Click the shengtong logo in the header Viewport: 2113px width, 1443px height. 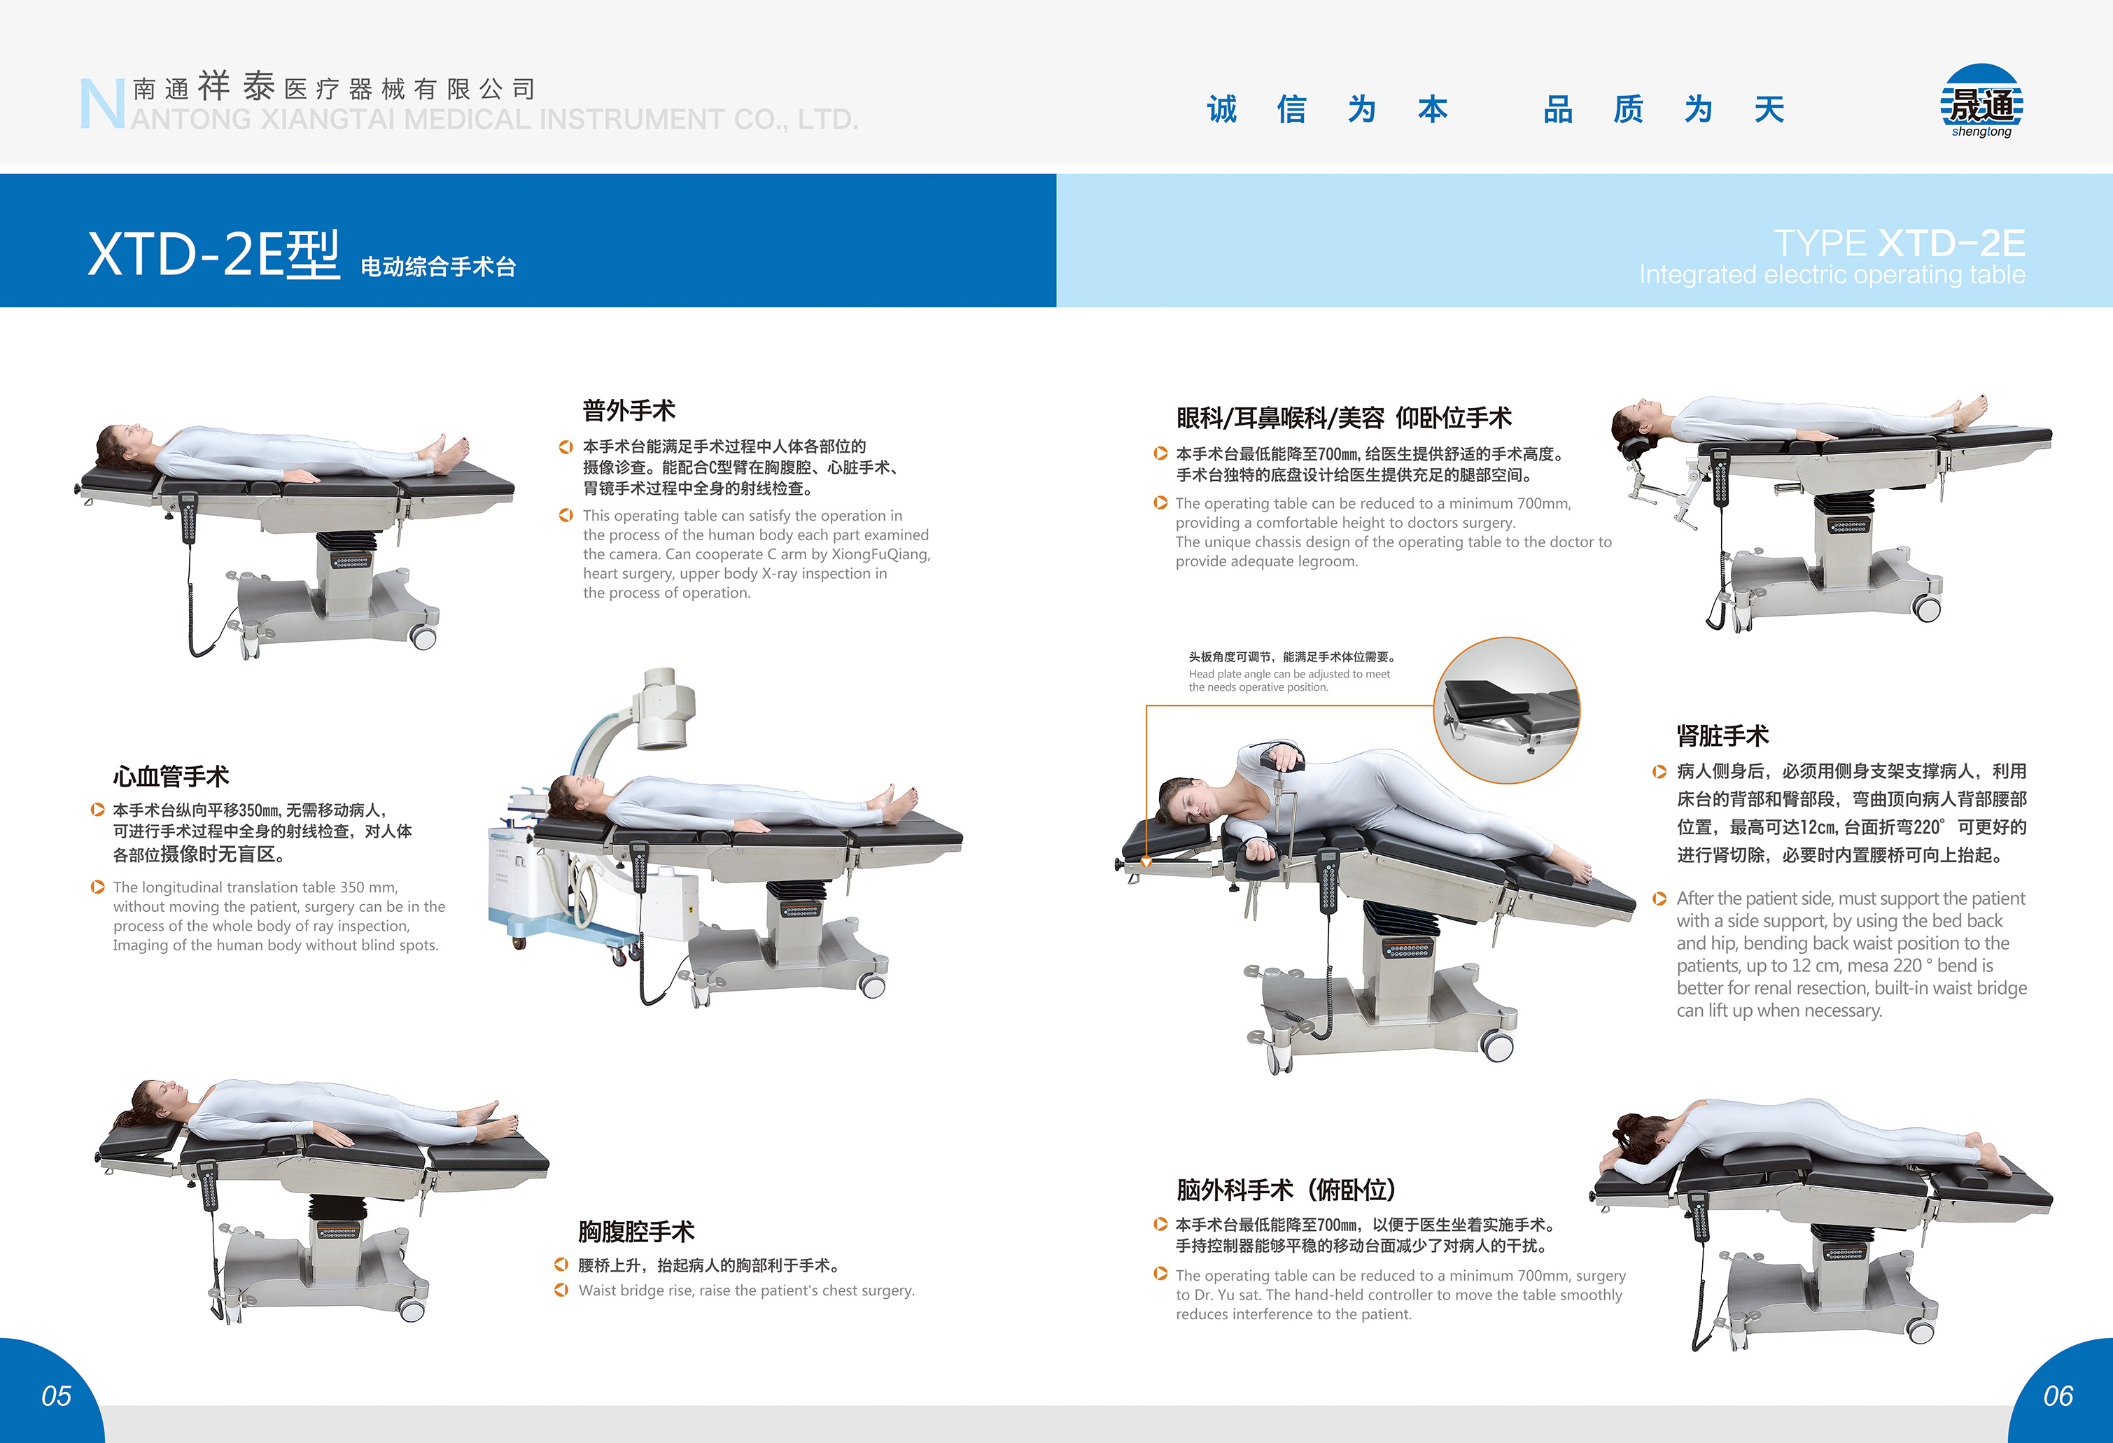pyautogui.click(x=1981, y=102)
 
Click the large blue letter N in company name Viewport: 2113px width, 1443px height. pyautogui.click(x=101, y=104)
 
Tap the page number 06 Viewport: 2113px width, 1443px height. pyautogui.click(x=2058, y=1395)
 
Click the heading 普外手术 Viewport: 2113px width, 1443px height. pyautogui.click(x=629, y=410)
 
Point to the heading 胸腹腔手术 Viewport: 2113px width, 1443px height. pyautogui.click(x=636, y=1231)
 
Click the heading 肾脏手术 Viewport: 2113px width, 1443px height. pyautogui.click(x=1722, y=735)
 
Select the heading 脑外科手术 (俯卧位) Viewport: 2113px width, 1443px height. pyautogui.click(x=1286, y=1189)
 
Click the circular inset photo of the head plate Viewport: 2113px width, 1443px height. pyautogui.click(x=1507, y=709)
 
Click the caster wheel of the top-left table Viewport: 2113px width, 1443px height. pyautogui.click(x=423, y=638)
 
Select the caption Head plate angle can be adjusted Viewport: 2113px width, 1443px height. pyautogui.click(x=1289, y=680)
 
